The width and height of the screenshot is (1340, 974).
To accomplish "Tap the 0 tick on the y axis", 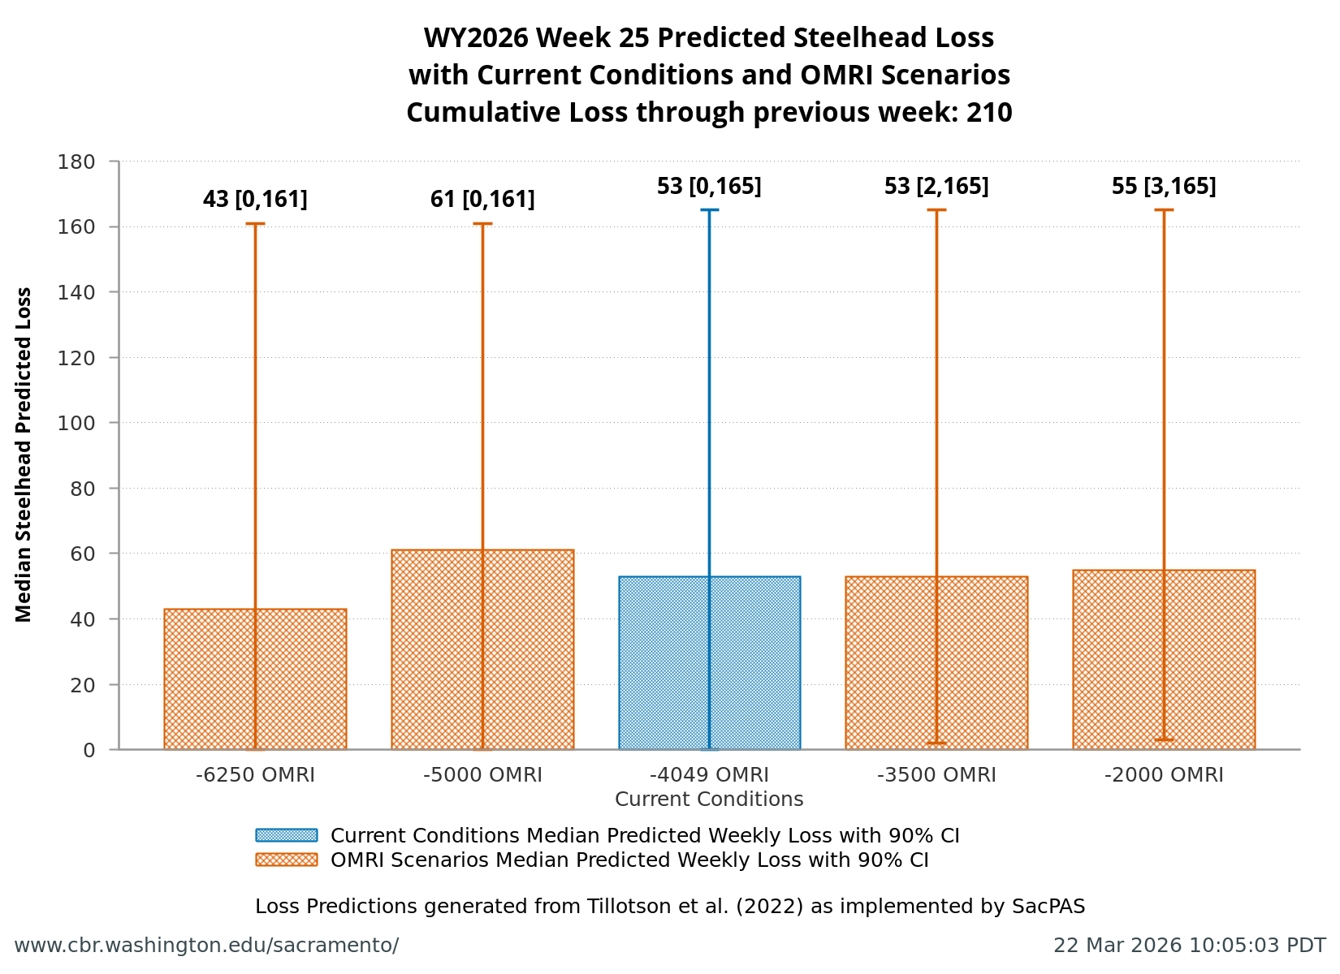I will pos(89,750).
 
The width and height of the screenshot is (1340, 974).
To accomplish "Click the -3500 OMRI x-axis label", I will pos(936,775).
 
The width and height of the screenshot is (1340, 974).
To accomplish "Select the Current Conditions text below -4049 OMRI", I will pos(709,799).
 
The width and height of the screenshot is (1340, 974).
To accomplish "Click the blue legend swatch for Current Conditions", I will pos(286,835).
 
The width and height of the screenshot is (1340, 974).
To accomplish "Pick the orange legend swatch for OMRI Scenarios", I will pos(286,860).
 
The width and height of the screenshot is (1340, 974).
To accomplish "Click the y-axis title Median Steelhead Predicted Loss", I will pos(24,455).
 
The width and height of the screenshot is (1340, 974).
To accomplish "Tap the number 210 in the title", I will pos(989,112).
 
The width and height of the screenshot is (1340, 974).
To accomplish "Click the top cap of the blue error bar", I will pos(709,210).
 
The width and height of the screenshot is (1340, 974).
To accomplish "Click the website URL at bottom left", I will pos(206,946).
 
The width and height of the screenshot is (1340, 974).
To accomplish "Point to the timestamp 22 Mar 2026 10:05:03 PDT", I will pos(1189,946).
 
